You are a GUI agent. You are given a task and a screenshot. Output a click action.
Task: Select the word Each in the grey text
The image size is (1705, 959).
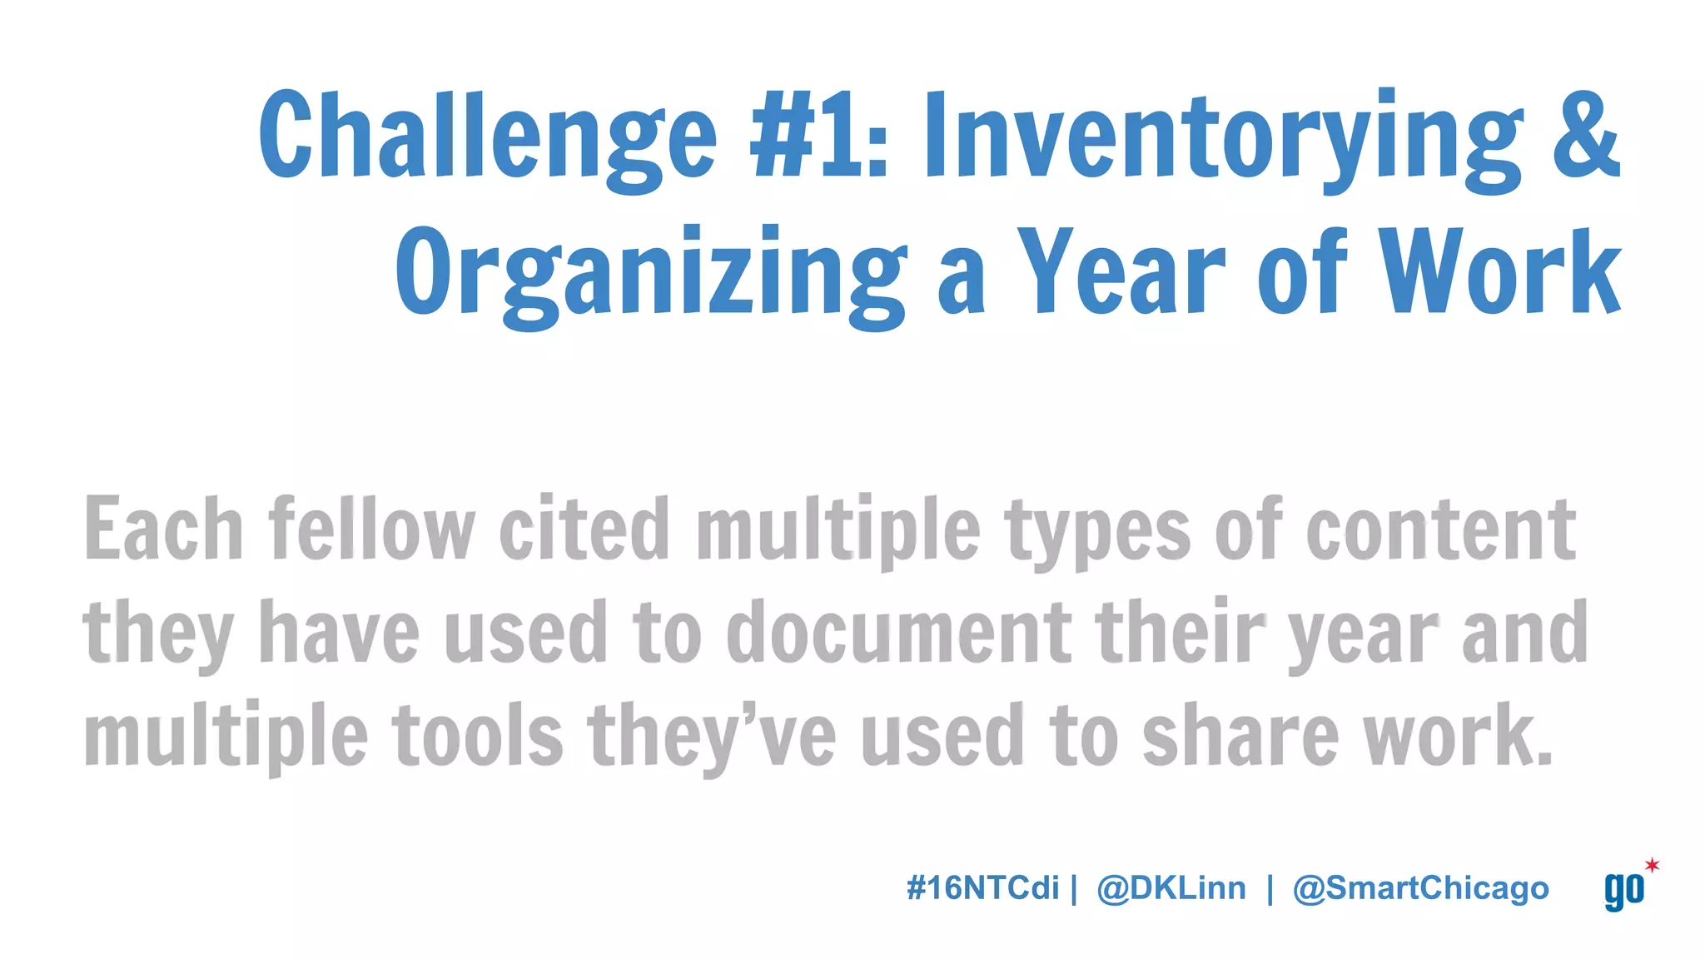(x=163, y=529)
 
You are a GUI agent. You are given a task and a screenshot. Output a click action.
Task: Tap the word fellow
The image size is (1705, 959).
(x=371, y=529)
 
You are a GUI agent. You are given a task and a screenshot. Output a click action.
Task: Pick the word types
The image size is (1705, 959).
(x=1098, y=533)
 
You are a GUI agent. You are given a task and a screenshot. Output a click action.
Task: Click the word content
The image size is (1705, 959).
(x=1440, y=529)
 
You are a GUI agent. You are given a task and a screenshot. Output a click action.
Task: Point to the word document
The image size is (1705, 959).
(x=898, y=633)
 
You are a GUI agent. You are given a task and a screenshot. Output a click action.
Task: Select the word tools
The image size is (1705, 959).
(x=478, y=736)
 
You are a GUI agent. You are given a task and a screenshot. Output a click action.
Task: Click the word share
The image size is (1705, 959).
(x=1240, y=736)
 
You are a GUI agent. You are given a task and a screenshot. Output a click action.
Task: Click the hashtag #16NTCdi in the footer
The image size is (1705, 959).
(x=982, y=888)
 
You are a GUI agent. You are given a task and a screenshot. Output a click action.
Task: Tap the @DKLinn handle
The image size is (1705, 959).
(x=1171, y=888)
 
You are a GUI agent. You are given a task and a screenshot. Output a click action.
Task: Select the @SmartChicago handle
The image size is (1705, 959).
(x=1420, y=889)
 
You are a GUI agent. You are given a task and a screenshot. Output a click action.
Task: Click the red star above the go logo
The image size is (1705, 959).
(x=1652, y=865)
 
